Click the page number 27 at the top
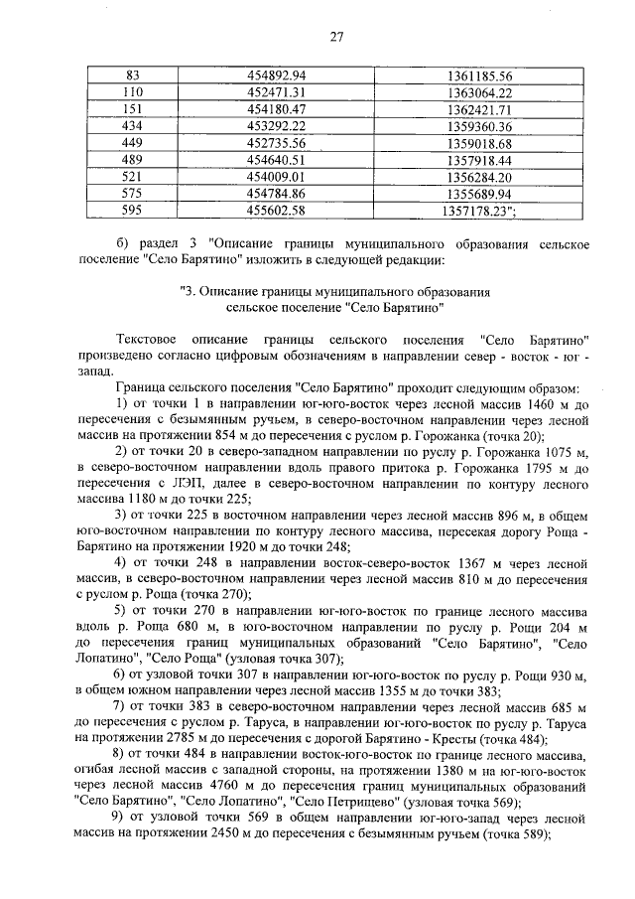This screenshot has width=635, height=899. (x=335, y=38)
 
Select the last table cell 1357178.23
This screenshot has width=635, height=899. (x=476, y=211)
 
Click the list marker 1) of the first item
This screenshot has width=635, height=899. (x=123, y=403)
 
